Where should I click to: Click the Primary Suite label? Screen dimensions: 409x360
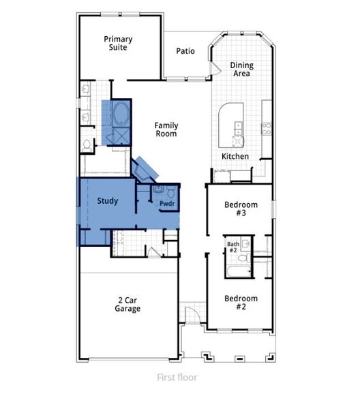(118, 44)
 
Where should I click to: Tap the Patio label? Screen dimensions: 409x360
(185, 50)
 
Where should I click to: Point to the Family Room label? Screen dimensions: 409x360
(166, 129)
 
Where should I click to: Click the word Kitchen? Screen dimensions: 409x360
(235, 156)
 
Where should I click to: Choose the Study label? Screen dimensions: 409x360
(108, 201)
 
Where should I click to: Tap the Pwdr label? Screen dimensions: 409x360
(167, 204)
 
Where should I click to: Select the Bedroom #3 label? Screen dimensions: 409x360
(241, 209)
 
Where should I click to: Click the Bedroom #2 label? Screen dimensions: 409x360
(241, 303)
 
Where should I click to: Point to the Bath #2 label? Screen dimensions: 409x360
(232, 247)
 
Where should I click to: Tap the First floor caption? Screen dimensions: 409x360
(177, 377)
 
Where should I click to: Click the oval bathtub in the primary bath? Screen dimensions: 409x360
(123, 112)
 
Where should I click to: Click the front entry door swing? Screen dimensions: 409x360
(194, 314)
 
